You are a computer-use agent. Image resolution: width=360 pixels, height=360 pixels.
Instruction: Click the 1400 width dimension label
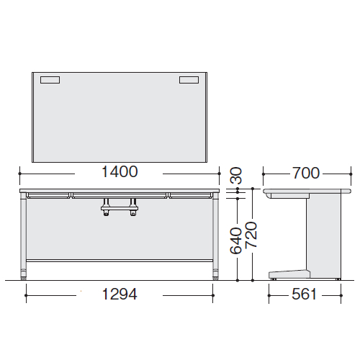pyautogui.click(x=120, y=172)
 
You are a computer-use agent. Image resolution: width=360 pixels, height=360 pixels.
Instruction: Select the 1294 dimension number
pyautogui.click(x=120, y=294)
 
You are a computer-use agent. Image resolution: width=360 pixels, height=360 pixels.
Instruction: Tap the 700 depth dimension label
pyautogui.click(x=306, y=173)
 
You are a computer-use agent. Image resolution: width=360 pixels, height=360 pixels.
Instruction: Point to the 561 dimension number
pyautogui.click(x=304, y=294)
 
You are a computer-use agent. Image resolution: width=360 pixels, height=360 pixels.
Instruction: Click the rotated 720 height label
pyautogui.click(x=251, y=235)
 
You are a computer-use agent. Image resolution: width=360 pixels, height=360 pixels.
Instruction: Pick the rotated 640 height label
pyautogui.click(x=235, y=240)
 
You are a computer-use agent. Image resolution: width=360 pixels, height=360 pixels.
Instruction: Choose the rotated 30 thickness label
pyautogui.click(x=236, y=176)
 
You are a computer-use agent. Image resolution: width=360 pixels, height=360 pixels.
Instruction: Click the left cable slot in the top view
pyautogui.click(x=50, y=80)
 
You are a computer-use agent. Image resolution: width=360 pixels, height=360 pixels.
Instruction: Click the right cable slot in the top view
pyautogui.click(x=189, y=80)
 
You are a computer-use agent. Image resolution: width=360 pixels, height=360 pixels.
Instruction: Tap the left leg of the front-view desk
pyautogui.click(x=23, y=235)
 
